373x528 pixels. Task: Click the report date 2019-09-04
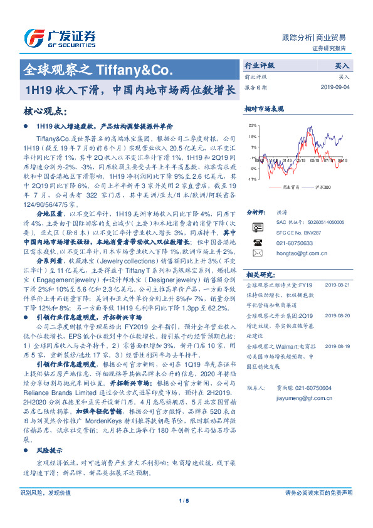pos(334,87)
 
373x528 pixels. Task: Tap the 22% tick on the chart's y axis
pos(253,125)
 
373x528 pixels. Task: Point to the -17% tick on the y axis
pos(253,179)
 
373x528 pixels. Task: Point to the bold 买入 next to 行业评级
pos(342,65)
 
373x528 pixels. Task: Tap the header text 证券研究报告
pos(328,48)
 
